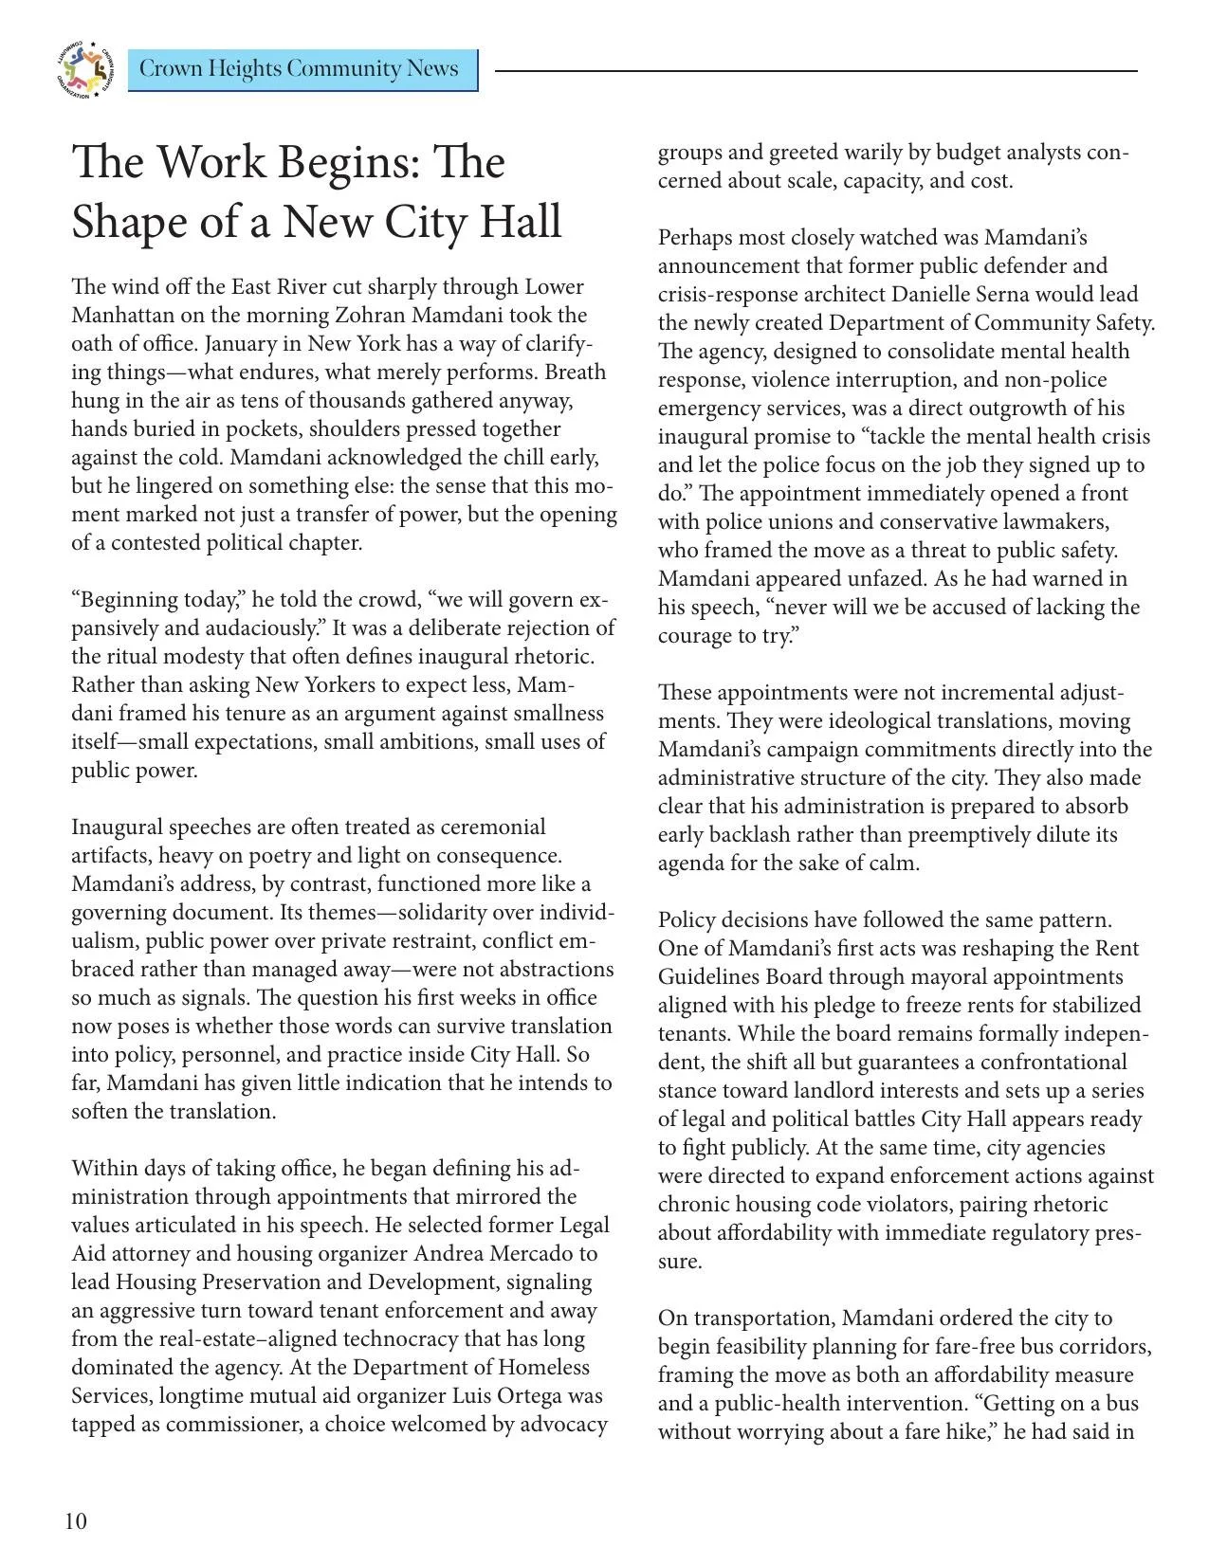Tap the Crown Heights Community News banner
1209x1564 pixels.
click(302, 69)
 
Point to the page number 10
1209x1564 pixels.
click(76, 1521)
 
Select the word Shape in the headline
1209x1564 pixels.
click(131, 221)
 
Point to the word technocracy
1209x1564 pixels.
click(449, 1338)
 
